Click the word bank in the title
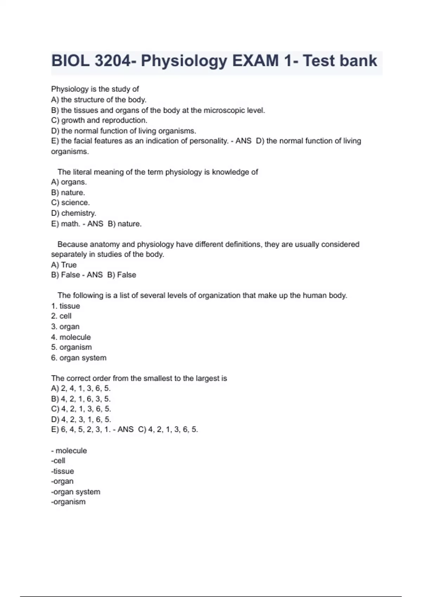tap(358, 61)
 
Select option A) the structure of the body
tap(99, 100)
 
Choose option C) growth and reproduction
tap(99, 120)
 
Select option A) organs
tap(69, 182)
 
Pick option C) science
tap(70, 203)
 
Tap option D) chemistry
tap(73, 213)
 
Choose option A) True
tap(64, 265)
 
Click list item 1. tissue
tap(65, 306)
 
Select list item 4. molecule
tap(71, 337)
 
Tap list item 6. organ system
tap(78, 358)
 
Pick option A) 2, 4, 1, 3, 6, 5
tap(81, 388)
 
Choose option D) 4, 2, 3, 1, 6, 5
tap(81, 419)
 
